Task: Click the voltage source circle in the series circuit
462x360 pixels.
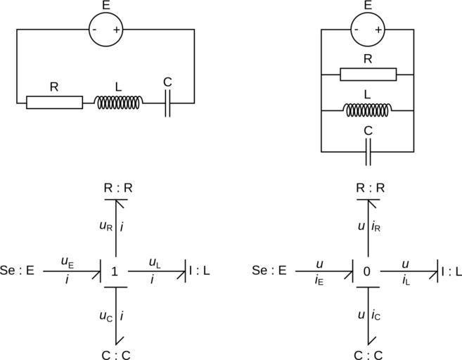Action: coord(105,30)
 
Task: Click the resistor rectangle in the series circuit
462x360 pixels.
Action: coord(54,102)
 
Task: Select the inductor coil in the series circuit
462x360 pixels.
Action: coord(119,103)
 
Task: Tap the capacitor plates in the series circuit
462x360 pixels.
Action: coord(167,103)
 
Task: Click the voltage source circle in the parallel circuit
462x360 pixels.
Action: coord(367,30)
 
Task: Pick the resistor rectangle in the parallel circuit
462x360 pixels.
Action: coord(368,74)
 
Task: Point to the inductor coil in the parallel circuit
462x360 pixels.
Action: coord(368,110)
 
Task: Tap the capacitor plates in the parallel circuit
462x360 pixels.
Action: coord(368,151)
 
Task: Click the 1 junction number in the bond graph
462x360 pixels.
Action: coord(115,271)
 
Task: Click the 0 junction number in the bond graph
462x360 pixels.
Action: coord(368,271)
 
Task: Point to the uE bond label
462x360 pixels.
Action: coord(68,262)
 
